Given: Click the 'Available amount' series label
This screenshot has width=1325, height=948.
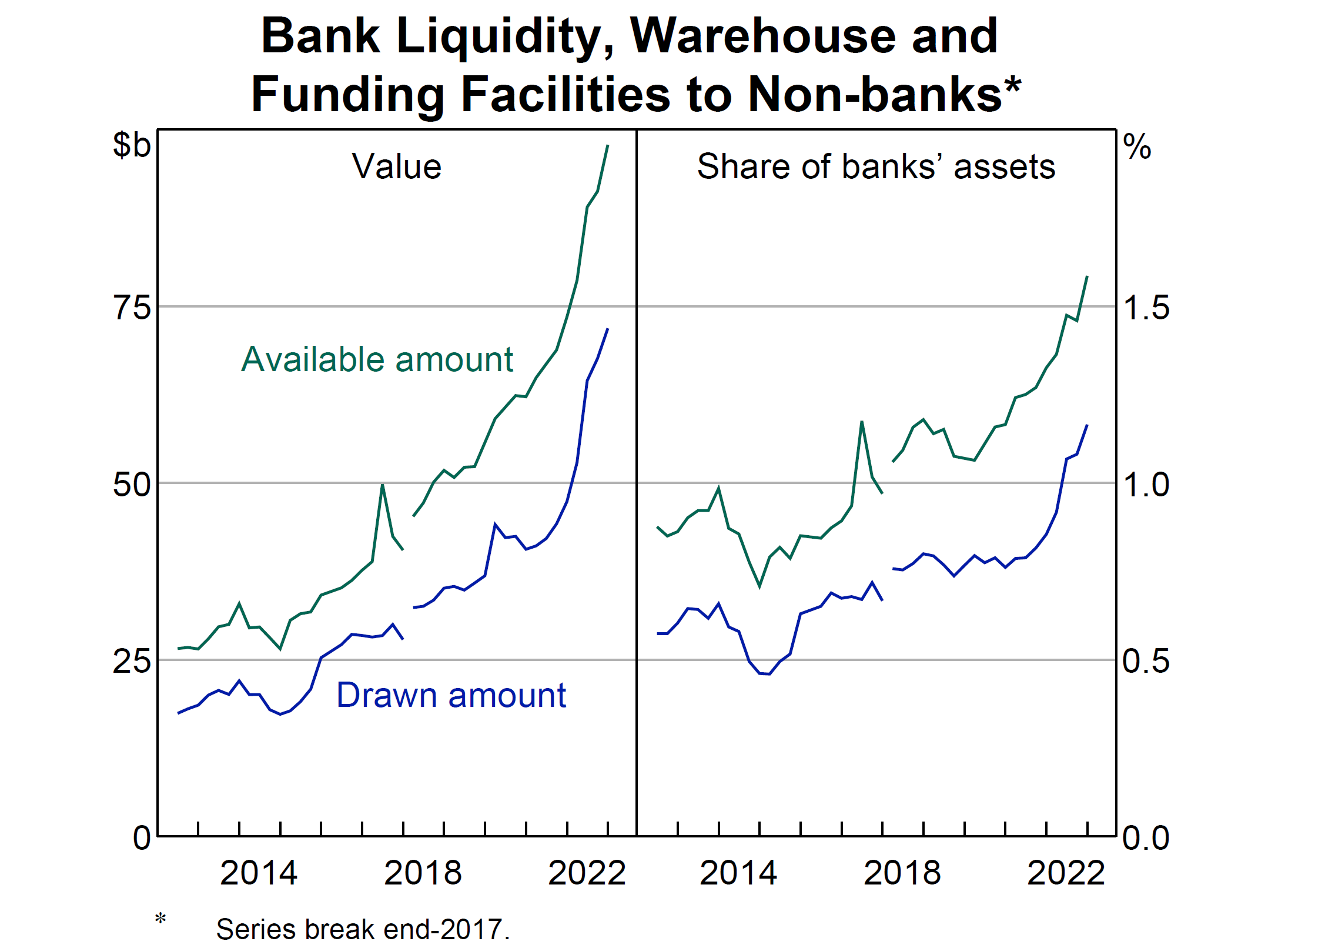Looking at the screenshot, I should click(377, 359).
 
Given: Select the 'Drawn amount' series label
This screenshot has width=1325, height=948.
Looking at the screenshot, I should click(451, 695).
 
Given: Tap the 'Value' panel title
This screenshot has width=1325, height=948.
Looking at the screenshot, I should click(396, 166).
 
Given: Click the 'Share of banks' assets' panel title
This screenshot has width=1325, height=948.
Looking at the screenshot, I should click(875, 166).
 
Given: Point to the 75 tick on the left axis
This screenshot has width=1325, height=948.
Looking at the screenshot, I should click(132, 308).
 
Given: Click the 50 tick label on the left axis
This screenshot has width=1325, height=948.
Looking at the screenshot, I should click(132, 485).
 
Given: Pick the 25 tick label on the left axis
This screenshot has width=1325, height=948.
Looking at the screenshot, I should click(132, 661).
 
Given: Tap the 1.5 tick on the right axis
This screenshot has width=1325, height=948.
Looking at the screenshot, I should click(1146, 308).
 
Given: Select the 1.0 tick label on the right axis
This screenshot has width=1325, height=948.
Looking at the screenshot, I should click(1146, 485).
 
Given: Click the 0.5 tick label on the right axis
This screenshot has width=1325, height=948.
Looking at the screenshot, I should click(1146, 661).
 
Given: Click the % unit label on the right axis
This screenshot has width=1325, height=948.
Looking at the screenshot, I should click(1136, 146).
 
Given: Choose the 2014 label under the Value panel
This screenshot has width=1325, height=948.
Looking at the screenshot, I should click(259, 873).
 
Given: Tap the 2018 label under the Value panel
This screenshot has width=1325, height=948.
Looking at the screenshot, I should click(423, 873).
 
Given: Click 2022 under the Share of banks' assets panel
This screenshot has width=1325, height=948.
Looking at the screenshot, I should click(1066, 873).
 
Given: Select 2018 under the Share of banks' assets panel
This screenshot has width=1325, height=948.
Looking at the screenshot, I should click(902, 873).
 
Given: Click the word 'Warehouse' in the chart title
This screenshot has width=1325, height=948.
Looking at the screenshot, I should click(762, 36).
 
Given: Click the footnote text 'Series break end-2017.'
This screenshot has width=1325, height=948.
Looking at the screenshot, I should click(363, 929).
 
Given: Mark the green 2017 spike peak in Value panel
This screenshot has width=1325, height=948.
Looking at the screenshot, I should click(383, 485).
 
